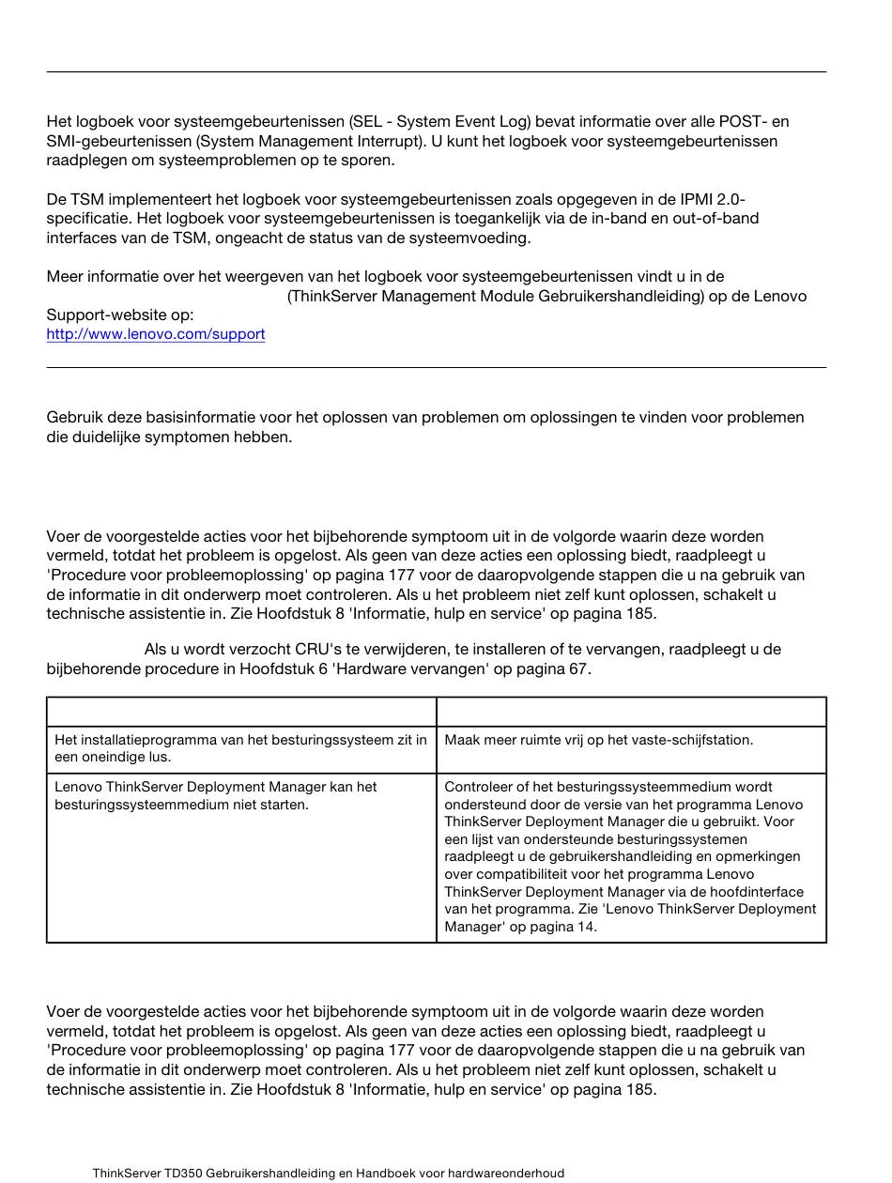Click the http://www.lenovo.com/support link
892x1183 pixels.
click(x=156, y=334)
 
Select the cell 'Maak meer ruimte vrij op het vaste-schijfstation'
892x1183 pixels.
click(x=598, y=740)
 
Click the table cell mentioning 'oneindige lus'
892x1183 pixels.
click(x=240, y=748)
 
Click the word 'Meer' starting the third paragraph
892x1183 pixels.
click(x=65, y=277)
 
